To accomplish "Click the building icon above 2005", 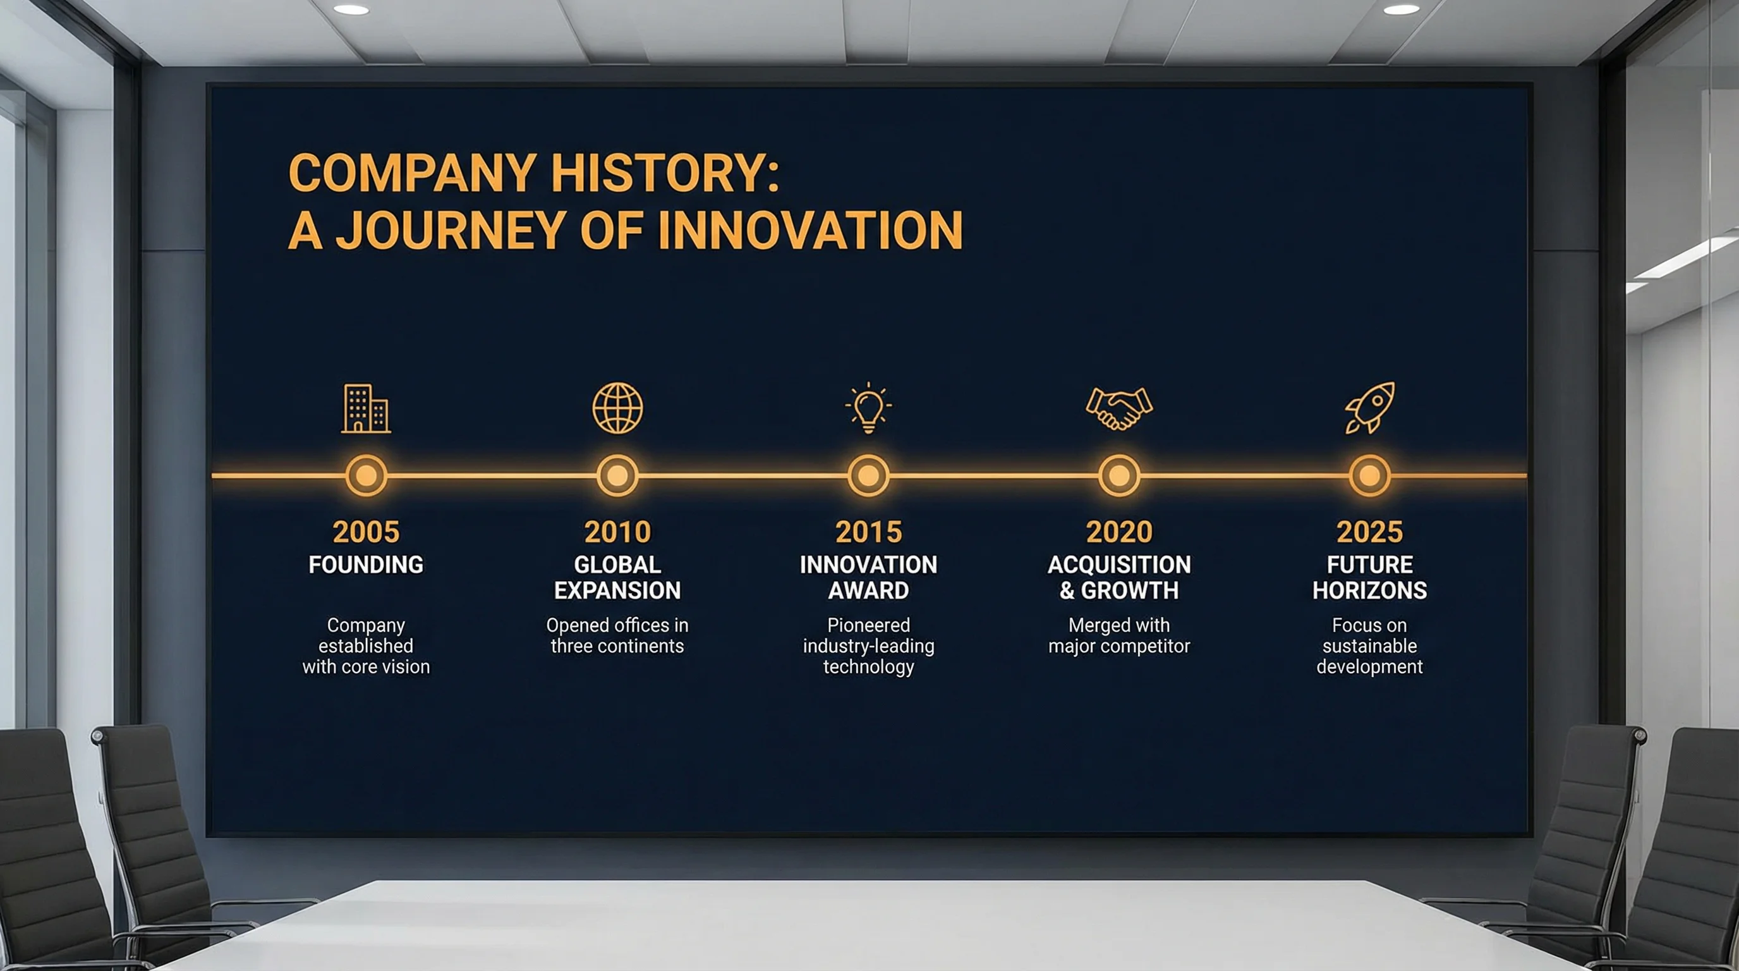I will point(366,408).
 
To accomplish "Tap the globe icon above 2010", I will point(617,408).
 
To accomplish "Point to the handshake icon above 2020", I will point(1119,408).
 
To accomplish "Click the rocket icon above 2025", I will point(1370,407).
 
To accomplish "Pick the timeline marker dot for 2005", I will point(366,475).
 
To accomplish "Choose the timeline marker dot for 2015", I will point(868,475).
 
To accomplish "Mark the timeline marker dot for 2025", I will point(1370,475).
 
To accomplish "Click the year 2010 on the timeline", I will point(617,532).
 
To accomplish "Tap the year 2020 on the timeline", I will point(1119,532).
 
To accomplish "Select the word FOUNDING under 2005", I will point(366,565).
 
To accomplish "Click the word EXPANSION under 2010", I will point(617,591).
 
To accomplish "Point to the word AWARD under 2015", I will point(868,591).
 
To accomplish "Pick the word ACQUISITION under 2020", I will point(1119,565).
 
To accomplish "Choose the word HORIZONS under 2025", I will point(1370,591).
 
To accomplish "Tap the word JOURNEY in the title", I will point(450,231).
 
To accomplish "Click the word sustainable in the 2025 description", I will point(1370,646).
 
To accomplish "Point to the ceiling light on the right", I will point(1402,9).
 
